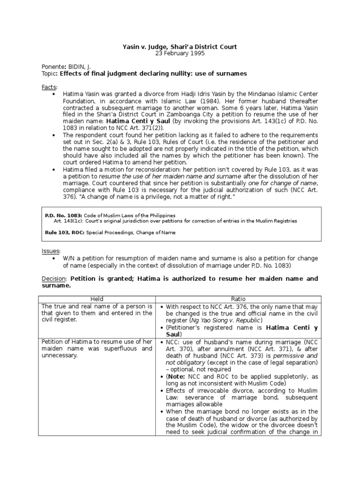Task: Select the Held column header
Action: point(98,299)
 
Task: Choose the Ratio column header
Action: point(238,299)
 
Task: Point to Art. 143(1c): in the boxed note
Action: point(68,221)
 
